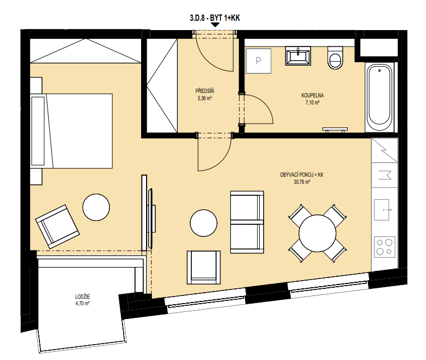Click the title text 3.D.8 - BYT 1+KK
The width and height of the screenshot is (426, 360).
(214, 18)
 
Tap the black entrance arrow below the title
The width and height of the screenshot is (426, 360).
(215, 25)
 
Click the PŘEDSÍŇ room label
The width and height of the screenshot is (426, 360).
(205, 91)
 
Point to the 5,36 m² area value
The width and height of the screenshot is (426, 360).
(205, 98)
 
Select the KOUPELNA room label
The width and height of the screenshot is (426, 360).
(312, 95)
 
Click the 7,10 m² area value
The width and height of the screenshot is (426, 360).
(312, 102)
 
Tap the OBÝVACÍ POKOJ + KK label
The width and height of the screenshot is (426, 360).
(301, 175)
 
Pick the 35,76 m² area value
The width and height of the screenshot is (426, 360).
(301, 182)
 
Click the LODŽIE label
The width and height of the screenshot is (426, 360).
(83, 297)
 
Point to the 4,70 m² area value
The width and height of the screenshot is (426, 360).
(83, 304)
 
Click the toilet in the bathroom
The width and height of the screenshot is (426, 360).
(335, 57)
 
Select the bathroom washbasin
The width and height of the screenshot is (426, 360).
(298, 56)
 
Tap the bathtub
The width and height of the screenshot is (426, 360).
(380, 97)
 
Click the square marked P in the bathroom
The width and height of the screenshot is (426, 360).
(258, 61)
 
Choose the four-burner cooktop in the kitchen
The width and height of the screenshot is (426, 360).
(384, 247)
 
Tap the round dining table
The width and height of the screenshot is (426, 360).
(317, 233)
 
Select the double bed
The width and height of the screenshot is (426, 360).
(72, 131)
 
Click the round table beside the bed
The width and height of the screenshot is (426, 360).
(96, 207)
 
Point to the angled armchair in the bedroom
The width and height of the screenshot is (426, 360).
(57, 226)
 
